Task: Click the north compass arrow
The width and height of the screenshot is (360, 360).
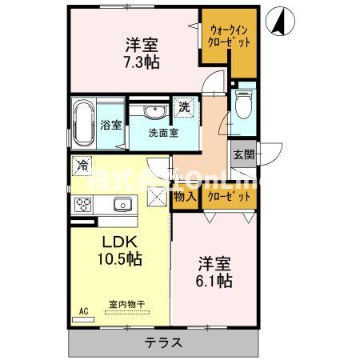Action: coord(281,22)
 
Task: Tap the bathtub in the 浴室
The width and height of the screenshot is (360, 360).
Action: coord(84,124)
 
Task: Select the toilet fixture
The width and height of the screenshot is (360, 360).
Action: coord(242,104)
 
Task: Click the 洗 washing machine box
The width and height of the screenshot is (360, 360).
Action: coord(184,106)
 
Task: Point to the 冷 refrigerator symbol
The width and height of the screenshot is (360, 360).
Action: coord(82,166)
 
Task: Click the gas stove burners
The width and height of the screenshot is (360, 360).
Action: coord(84,205)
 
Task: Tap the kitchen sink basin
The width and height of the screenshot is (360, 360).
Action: coord(122,205)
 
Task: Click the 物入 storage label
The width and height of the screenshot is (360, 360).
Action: coord(184,195)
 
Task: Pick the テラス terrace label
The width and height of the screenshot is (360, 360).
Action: coord(163,343)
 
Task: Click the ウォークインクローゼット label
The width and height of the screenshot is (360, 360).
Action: coord(229,34)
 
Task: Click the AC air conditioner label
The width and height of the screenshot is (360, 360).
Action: coord(83,310)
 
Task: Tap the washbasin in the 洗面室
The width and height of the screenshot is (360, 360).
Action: coord(155,111)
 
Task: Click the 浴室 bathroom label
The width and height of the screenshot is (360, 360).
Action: coord(111,125)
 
